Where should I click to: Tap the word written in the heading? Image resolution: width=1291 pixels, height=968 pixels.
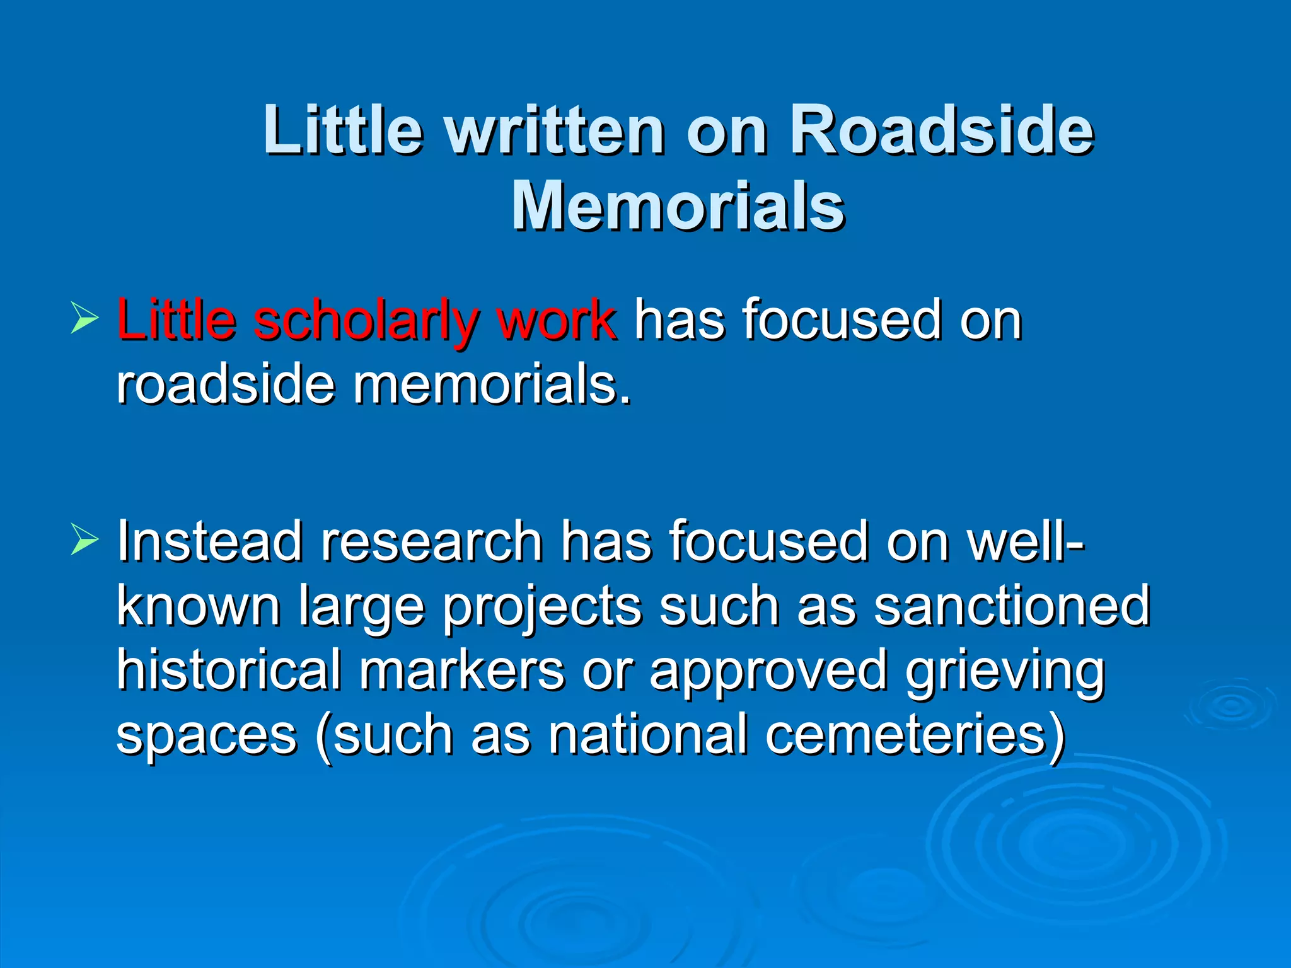click(x=555, y=130)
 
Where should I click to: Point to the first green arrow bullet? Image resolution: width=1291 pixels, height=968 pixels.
click(x=84, y=317)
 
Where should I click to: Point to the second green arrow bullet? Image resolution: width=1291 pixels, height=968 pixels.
click(x=84, y=539)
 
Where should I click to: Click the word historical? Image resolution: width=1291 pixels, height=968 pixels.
click(x=229, y=670)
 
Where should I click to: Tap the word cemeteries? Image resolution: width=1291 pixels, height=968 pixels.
click(x=915, y=735)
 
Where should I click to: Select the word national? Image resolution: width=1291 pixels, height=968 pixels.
click(x=648, y=735)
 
